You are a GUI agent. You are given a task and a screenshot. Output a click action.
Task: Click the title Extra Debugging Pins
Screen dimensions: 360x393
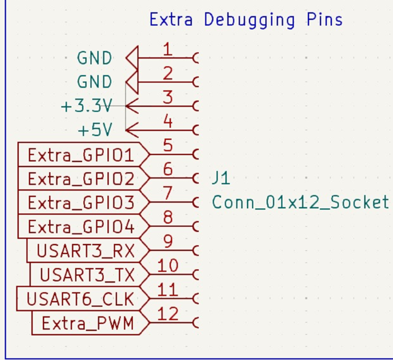tap(246, 20)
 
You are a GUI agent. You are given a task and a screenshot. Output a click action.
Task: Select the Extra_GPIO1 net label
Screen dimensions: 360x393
tap(81, 155)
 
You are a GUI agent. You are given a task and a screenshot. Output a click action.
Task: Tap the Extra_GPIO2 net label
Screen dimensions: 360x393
tap(81, 179)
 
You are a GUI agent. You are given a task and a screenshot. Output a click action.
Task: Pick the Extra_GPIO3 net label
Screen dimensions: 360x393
tap(81, 203)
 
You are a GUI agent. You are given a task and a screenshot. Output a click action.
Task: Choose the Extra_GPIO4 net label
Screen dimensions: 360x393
tap(81, 227)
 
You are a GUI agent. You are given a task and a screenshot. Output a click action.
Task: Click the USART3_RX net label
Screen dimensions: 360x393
tap(86, 251)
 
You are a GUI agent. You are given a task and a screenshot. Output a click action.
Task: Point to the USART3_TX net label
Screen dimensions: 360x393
tap(87, 275)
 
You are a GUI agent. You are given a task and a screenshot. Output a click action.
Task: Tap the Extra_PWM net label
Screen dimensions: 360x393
tap(88, 323)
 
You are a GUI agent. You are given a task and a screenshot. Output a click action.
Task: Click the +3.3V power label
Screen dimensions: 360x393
tap(86, 106)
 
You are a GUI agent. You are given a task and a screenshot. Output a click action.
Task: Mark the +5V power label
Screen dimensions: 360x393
tap(94, 131)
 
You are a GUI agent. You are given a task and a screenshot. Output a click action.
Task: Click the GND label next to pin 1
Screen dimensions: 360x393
tap(94, 58)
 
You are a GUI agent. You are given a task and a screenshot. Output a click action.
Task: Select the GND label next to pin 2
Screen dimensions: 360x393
tap(94, 82)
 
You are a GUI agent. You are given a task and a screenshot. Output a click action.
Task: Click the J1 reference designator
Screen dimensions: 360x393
tap(221, 178)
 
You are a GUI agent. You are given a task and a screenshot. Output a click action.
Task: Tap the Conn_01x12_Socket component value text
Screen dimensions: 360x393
tap(300, 202)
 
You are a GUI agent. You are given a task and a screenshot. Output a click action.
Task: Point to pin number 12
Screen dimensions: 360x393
tap(168, 313)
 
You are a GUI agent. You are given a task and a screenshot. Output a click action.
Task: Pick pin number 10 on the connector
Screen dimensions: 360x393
tap(168, 265)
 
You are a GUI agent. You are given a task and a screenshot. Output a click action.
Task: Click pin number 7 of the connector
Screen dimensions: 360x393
tap(168, 193)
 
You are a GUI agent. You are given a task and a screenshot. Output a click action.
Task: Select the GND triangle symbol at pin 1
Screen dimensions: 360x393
tap(132, 58)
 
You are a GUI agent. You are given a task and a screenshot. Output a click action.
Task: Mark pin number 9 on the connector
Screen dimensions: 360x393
tap(168, 241)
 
